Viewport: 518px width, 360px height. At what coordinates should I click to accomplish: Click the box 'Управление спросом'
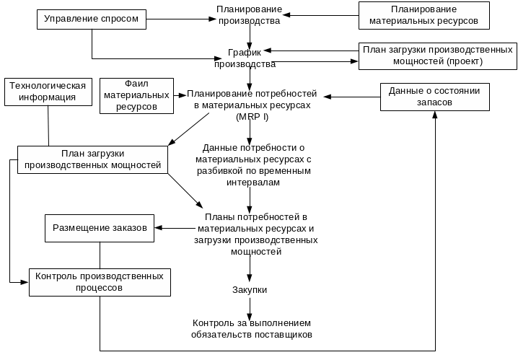(91, 18)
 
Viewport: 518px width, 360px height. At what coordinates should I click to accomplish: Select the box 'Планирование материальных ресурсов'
(423, 16)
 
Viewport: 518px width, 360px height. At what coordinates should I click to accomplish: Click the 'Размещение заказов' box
(100, 228)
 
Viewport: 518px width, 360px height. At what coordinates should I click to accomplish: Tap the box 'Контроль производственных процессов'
(99, 281)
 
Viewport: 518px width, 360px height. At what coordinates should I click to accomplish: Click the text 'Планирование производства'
(249, 15)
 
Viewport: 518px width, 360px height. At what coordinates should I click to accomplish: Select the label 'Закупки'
(250, 289)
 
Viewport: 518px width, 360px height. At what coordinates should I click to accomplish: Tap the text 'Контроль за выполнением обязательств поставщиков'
(252, 329)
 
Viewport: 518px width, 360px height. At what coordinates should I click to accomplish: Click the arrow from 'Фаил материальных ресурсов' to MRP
(179, 95)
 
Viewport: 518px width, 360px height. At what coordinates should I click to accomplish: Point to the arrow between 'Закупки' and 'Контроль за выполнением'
(250, 307)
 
